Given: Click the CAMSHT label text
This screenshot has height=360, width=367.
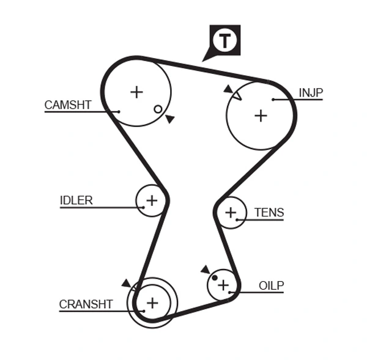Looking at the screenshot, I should (67, 105).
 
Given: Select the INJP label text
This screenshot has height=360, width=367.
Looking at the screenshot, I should (311, 93).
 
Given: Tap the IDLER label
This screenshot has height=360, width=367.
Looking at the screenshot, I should (76, 200).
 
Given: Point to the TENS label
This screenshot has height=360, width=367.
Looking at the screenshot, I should (269, 213).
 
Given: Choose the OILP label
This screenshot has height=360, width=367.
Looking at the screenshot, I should (271, 285).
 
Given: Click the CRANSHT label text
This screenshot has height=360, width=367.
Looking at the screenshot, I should (86, 304).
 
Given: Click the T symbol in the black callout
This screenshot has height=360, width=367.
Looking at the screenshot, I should (225, 40).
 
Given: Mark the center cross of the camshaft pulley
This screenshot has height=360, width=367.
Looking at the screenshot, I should (136, 92).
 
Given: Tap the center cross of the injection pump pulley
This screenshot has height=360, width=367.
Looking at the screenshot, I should (261, 115).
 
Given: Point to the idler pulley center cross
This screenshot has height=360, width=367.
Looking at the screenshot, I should (151, 200).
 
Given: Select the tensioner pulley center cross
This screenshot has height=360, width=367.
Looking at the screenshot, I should (231, 213).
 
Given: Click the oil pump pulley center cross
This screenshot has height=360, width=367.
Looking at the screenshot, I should (223, 285).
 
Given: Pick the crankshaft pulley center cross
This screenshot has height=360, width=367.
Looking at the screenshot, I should (152, 302).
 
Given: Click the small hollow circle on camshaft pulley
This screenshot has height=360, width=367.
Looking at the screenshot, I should (158, 109).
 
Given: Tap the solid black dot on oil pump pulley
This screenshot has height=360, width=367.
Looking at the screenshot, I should (214, 278).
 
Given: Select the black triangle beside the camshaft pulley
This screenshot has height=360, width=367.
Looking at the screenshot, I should (169, 119).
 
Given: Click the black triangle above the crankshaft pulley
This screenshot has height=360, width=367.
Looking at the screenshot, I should (126, 283).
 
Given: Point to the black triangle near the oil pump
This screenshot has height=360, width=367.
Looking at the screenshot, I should (205, 269).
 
